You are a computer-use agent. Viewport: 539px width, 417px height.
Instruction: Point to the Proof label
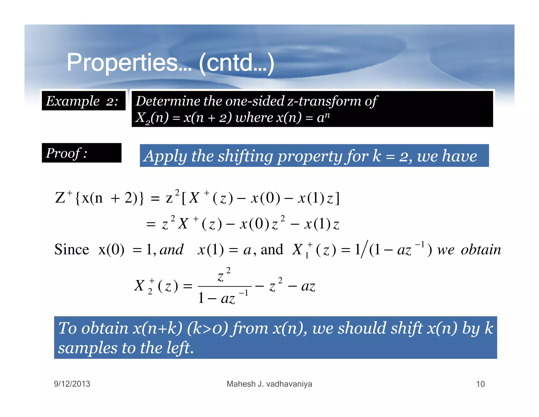(x=66, y=153)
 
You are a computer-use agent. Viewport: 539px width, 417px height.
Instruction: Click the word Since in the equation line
(x=72, y=249)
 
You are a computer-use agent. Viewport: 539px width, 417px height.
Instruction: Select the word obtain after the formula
(x=481, y=249)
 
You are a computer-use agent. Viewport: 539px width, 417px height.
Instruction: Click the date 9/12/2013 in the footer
(x=72, y=384)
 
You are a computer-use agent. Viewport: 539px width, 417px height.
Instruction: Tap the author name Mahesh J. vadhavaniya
(x=269, y=384)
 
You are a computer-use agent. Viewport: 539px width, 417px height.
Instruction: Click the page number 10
(x=480, y=384)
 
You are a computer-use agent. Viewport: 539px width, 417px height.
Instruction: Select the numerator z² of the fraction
(x=224, y=276)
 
